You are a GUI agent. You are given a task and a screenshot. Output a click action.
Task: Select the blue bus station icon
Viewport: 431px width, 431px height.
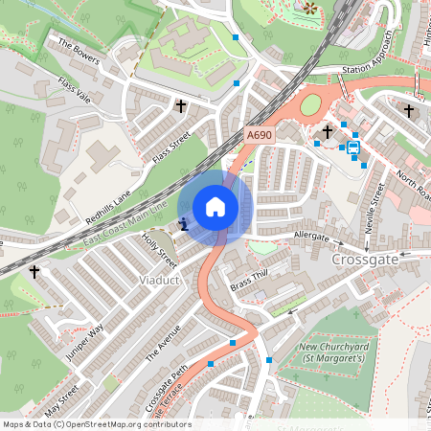tap(353, 147)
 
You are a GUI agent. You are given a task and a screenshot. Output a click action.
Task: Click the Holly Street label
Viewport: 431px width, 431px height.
tap(160, 250)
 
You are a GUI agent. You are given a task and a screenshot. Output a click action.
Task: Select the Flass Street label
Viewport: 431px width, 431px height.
tap(173, 148)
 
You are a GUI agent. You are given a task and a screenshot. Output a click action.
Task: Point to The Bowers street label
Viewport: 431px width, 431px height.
tap(79, 51)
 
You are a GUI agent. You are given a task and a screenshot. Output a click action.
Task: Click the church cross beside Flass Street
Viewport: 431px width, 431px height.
tap(180, 106)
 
